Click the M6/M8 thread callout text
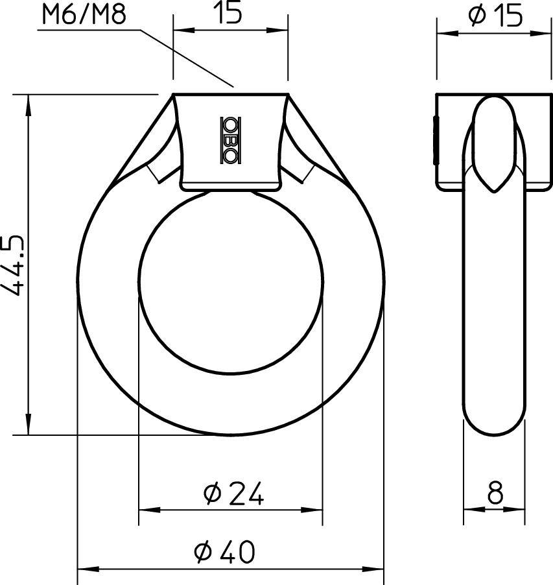tap(82, 15)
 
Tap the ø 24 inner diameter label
tap(233, 495)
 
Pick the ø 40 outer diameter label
tap(225, 552)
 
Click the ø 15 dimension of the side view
tap(495, 16)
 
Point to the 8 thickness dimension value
tap(495, 495)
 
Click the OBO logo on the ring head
tap(230, 139)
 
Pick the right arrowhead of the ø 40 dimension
tap(377, 569)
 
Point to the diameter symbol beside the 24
tap(213, 495)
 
